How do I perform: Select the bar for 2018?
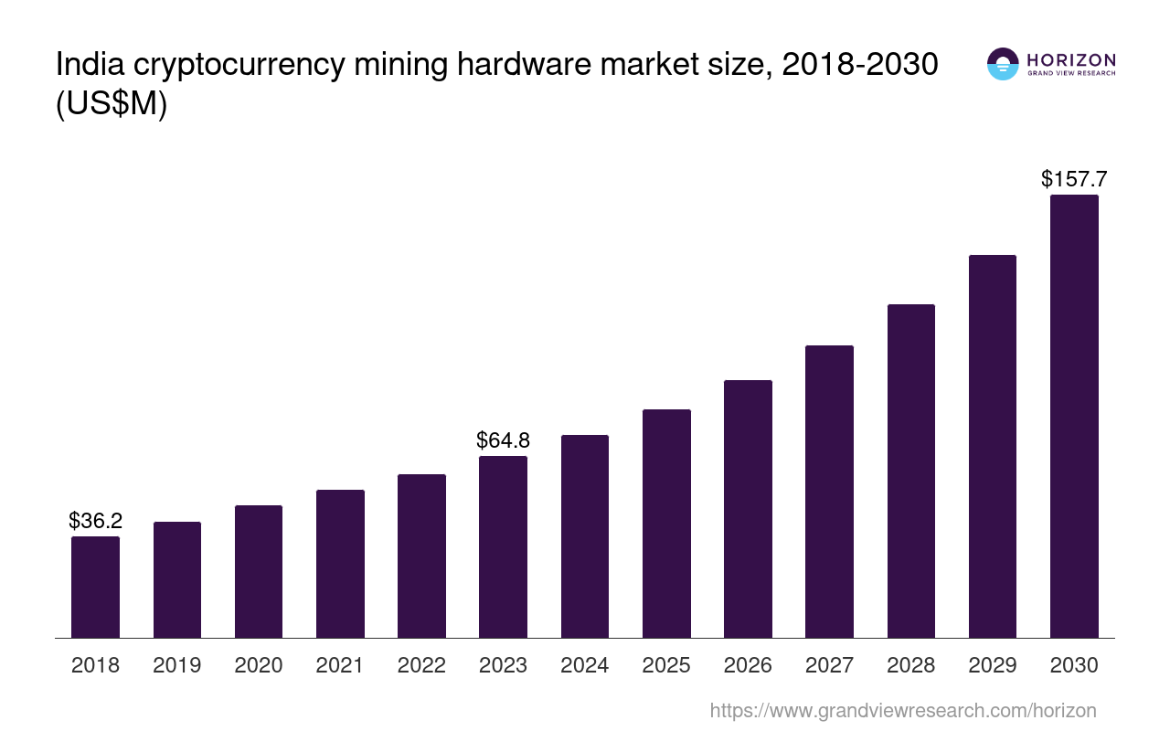coord(95,587)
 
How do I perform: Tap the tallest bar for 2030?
coord(1074,416)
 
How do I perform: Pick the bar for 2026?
coord(748,509)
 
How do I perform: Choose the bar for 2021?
coord(340,564)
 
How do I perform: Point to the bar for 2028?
coord(911,471)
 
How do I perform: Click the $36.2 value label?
coord(95,521)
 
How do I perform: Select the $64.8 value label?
coord(503,440)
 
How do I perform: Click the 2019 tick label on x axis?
coord(176,665)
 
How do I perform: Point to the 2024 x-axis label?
coord(584,665)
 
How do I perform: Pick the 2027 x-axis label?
coord(829,665)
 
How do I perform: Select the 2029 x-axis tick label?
coord(993,665)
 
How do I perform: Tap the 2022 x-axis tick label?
coord(421,665)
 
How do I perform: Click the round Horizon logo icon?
coord(1003,64)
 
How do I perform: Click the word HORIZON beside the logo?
coord(1071,59)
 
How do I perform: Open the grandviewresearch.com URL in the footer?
coord(902,710)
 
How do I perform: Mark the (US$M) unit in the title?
coord(112,105)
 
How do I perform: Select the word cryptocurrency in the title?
coord(243,66)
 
